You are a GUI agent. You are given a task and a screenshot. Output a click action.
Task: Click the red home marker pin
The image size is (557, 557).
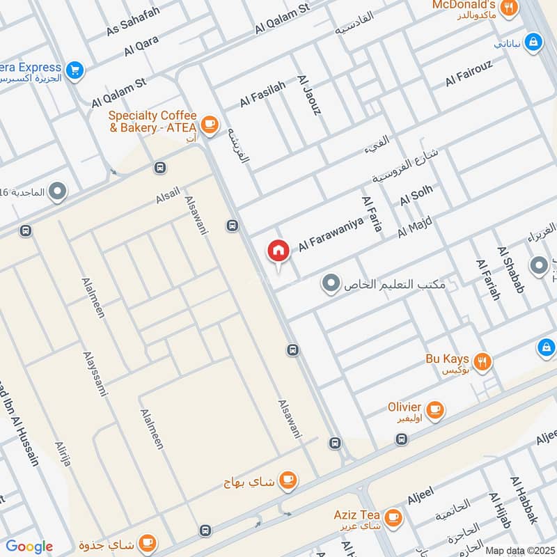[x=278, y=251]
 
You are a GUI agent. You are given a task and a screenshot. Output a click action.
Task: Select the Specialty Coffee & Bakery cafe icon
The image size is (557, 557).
[x=208, y=124]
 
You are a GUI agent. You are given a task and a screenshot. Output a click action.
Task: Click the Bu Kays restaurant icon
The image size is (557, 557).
[x=482, y=361]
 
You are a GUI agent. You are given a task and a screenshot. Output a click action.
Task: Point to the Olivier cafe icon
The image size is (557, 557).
[x=435, y=410]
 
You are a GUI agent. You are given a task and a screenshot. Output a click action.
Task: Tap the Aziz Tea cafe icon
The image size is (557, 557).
[x=393, y=517]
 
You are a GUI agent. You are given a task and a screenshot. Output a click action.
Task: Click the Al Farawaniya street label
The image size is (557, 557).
[x=331, y=236]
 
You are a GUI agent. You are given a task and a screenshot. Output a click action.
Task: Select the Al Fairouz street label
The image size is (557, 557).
[x=469, y=74]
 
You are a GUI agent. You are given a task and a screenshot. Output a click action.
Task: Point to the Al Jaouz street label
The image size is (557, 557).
[x=310, y=95]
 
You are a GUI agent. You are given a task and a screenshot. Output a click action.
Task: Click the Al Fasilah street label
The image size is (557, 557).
[x=263, y=94]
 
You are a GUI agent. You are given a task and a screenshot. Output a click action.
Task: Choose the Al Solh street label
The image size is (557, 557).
[x=416, y=195]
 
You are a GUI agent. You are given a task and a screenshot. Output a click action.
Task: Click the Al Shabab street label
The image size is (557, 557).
[x=511, y=269]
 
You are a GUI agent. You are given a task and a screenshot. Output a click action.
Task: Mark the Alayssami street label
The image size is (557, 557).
[x=95, y=372]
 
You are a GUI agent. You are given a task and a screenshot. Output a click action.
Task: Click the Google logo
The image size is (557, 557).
[x=29, y=547]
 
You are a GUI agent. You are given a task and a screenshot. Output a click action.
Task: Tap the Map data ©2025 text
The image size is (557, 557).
[x=519, y=551]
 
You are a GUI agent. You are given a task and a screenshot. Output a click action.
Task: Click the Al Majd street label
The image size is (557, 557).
[x=415, y=228]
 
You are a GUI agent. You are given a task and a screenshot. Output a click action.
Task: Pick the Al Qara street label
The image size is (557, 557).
[x=142, y=45]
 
